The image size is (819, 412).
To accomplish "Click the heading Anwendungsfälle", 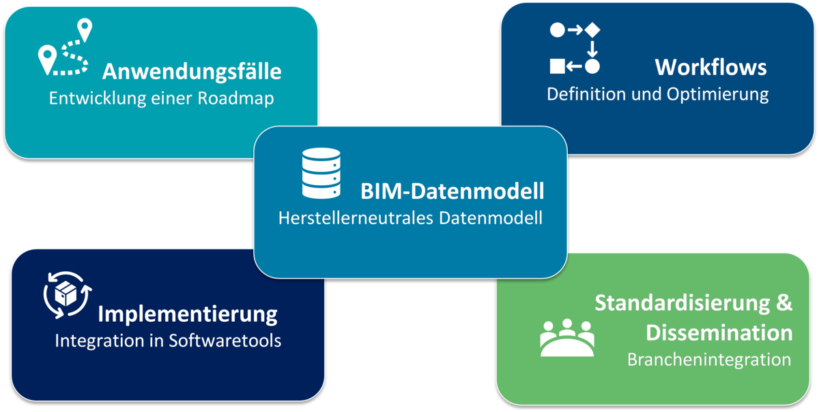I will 192,71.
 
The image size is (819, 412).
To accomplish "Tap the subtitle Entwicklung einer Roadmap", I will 161,98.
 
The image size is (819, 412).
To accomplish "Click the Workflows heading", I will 710,67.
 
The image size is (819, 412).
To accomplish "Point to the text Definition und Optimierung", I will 657,94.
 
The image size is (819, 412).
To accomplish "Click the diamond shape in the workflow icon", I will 592,30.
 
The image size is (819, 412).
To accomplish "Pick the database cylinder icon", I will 321,171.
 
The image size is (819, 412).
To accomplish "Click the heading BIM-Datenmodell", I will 452,191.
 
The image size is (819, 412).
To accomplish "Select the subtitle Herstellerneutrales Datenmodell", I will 410,219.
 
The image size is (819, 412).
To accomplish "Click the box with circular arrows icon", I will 67,294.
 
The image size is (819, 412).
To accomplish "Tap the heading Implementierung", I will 188,314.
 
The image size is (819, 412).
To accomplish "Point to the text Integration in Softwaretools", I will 168,340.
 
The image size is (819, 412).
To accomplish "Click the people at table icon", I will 567,338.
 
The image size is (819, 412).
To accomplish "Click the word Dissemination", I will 719,333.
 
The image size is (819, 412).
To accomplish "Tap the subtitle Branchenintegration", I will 709,359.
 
